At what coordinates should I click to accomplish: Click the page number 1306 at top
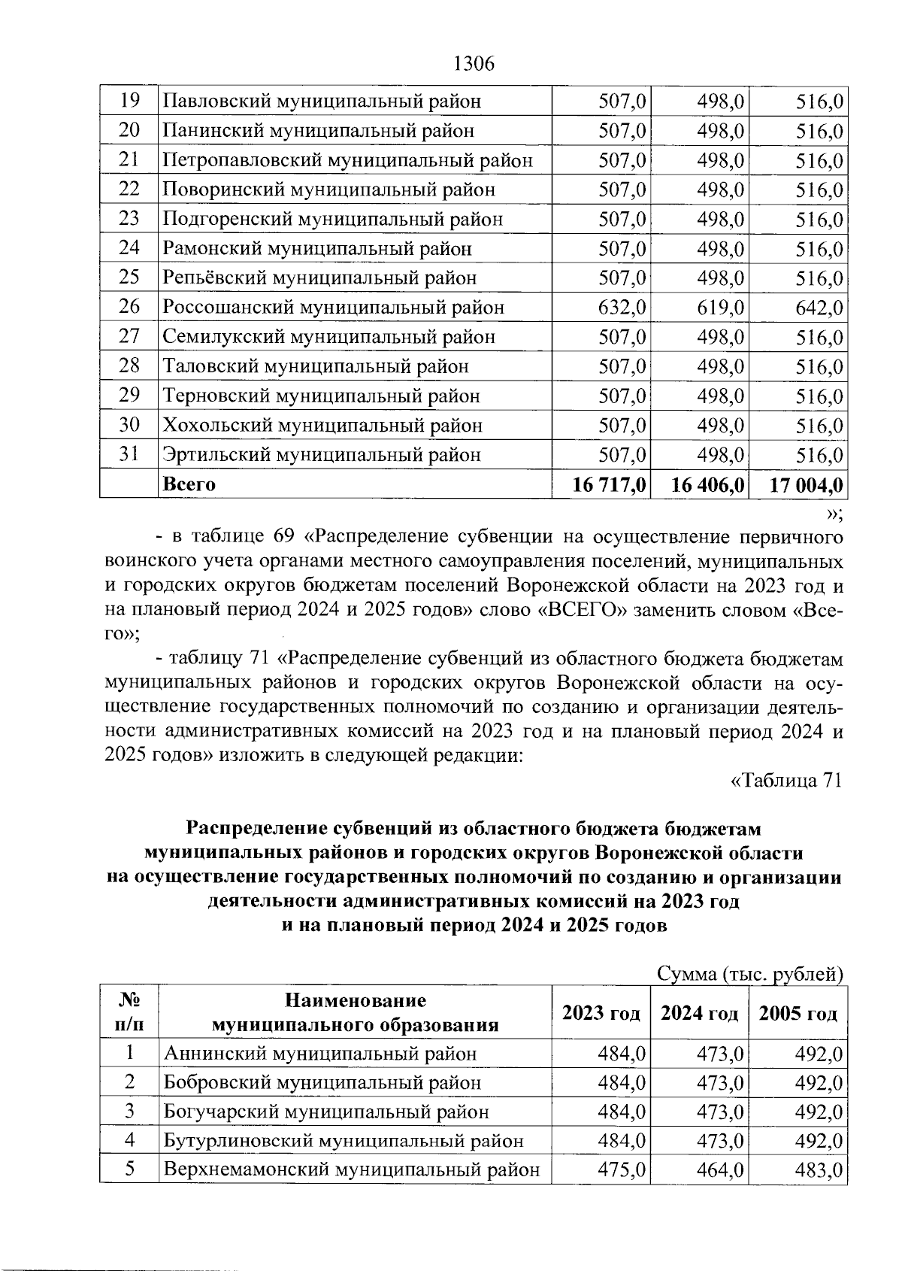pyautogui.click(x=474, y=65)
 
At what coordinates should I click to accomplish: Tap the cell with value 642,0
pyautogui.click(x=819, y=308)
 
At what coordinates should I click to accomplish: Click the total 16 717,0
pyautogui.click(x=610, y=484)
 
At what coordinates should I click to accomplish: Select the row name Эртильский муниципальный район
pyautogui.click(x=322, y=455)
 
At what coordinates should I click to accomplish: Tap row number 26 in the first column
pyautogui.click(x=129, y=308)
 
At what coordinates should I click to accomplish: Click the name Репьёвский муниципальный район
pyautogui.click(x=320, y=278)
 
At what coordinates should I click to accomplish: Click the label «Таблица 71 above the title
pyautogui.click(x=785, y=781)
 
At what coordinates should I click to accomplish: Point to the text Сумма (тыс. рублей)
pyautogui.click(x=749, y=975)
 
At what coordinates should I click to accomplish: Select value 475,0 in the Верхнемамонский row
pyautogui.click(x=622, y=1170)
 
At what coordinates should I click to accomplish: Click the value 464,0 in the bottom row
pyautogui.click(x=720, y=1170)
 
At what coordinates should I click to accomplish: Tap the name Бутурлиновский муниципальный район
pyautogui.click(x=344, y=1141)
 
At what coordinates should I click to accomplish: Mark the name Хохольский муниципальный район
pyautogui.click(x=323, y=426)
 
